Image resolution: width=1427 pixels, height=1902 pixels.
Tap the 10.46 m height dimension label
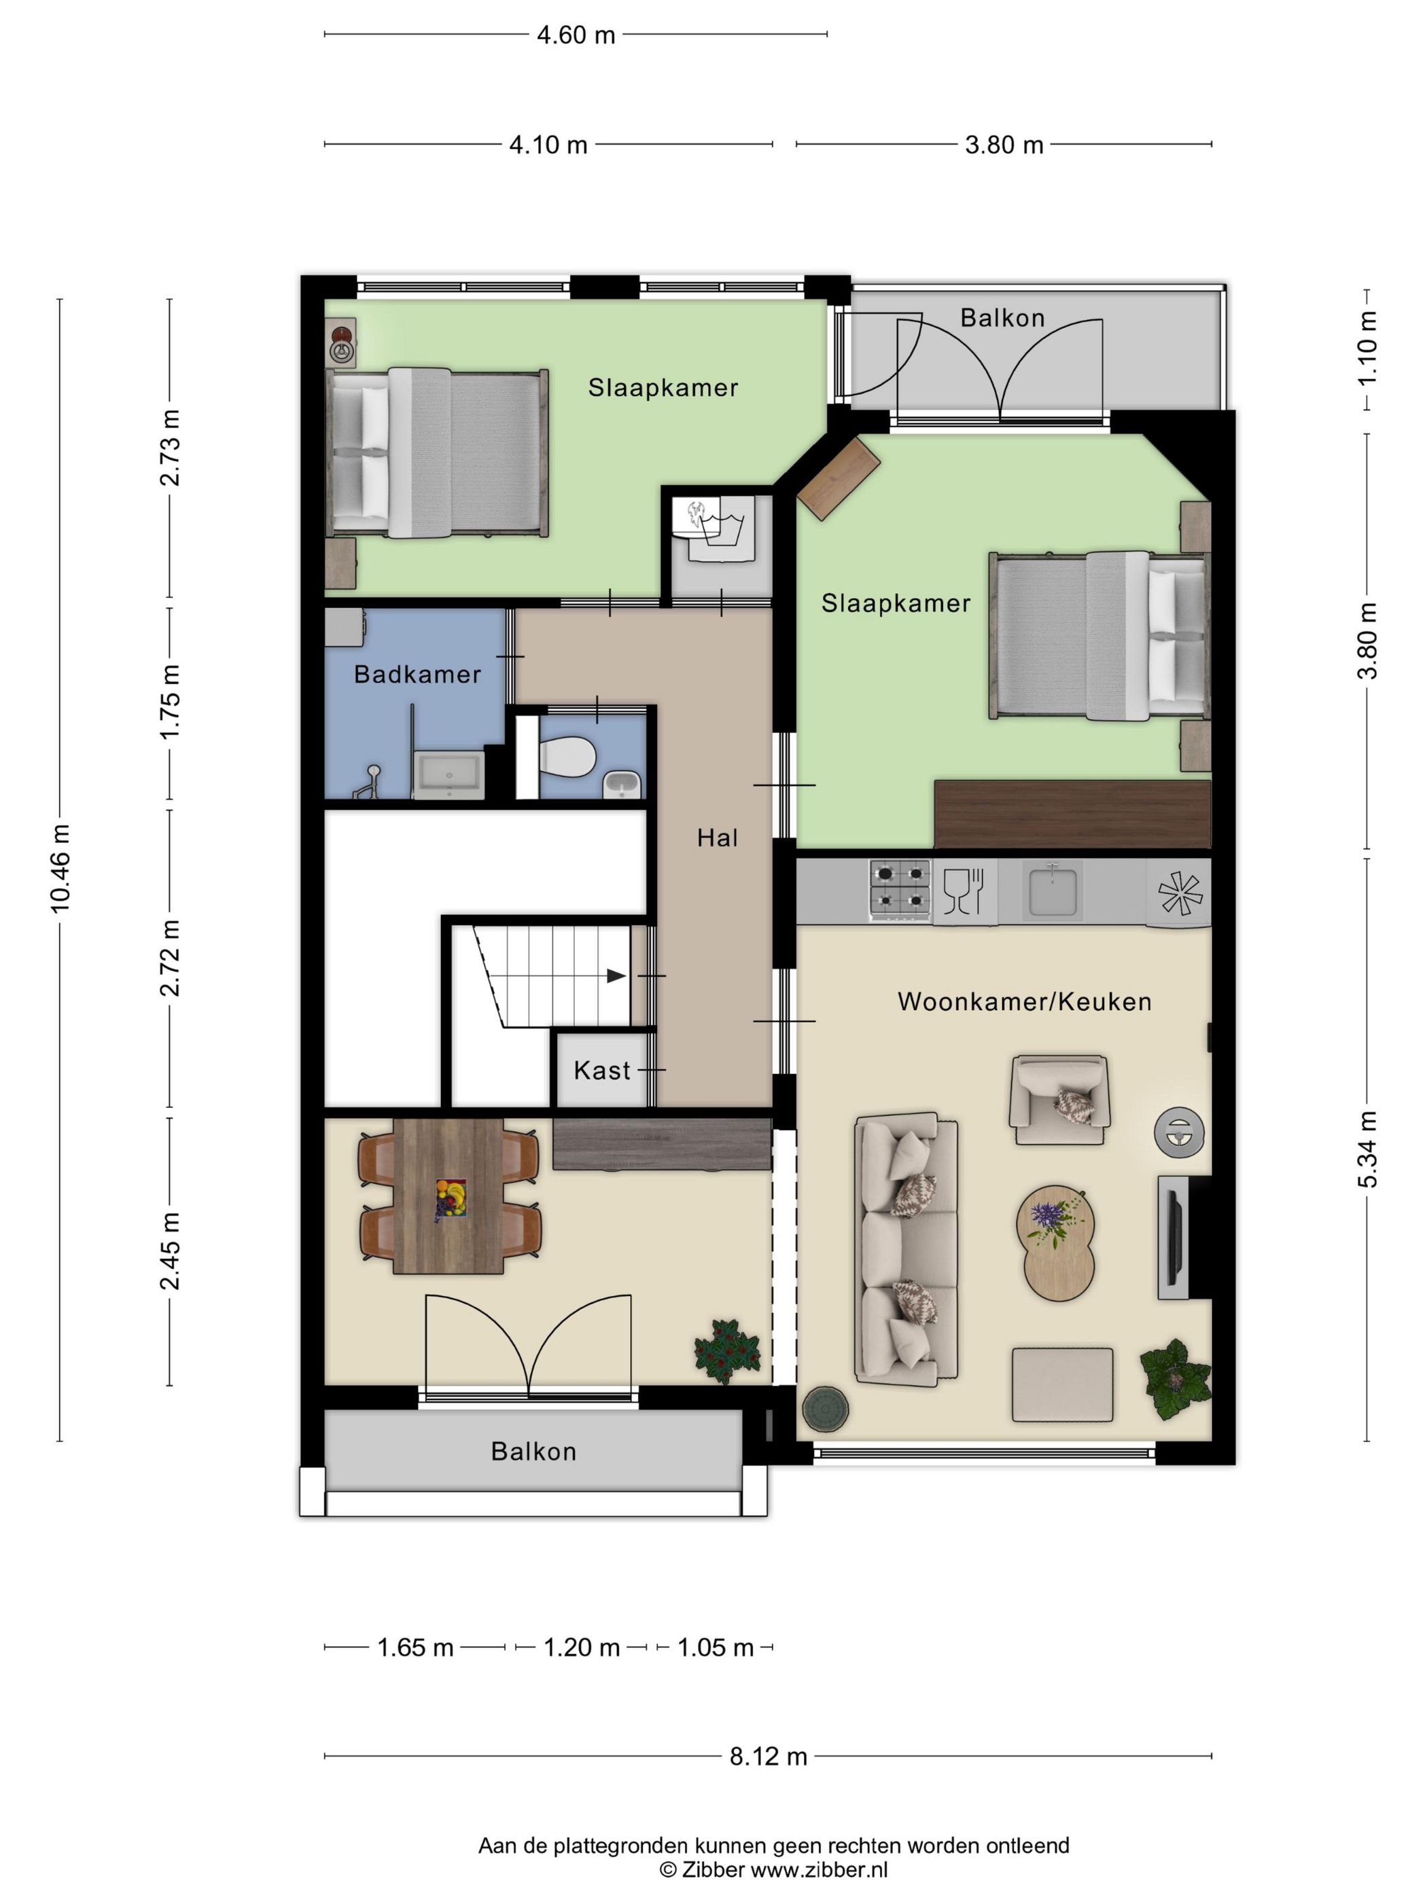60,867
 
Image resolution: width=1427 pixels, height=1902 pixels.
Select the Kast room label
602,1071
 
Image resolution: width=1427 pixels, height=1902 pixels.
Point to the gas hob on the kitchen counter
900,890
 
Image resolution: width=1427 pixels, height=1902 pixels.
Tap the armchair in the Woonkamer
1059,1100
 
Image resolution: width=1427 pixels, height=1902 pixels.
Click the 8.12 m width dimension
768,1756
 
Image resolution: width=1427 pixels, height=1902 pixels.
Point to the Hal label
718,838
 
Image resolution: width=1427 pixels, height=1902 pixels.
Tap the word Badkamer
417,674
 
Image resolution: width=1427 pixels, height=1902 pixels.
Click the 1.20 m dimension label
582,1647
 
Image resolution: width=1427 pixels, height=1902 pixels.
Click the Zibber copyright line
773,1869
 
